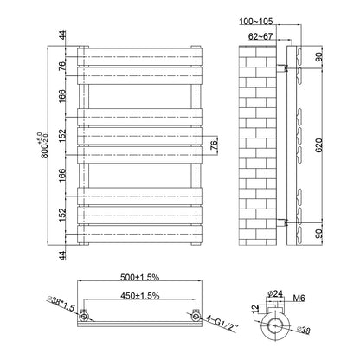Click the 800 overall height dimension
(44, 145)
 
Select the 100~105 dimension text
(256, 21)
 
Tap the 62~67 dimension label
(260, 36)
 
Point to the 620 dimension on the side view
(318, 145)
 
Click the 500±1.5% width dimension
(139, 277)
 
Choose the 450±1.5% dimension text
(139, 296)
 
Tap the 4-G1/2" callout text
(222, 324)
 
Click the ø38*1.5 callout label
(61, 305)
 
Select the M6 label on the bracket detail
(299, 299)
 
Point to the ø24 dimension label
(275, 293)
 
